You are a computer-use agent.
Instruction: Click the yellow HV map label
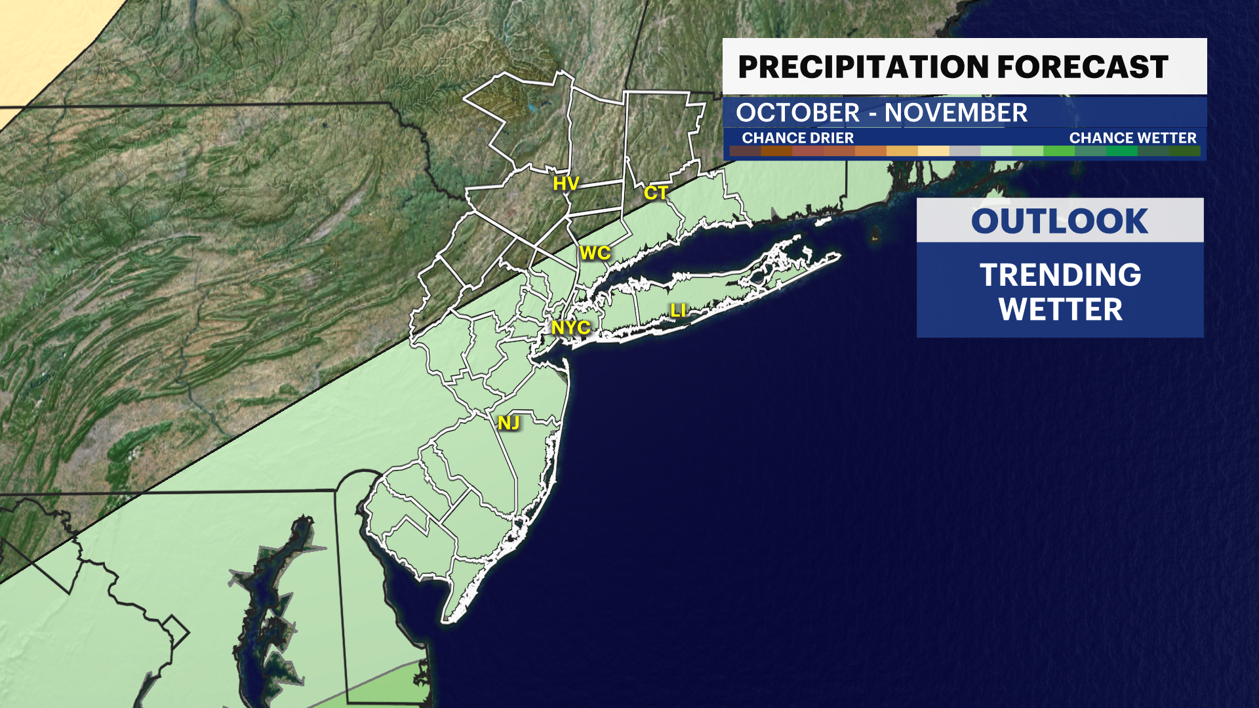pos(565,184)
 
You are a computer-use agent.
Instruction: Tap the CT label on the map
pos(656,193)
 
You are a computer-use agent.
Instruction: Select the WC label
pos(595,253)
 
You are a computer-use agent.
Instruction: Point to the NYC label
pos(570,327)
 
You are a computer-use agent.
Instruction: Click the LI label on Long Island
pos(678,310)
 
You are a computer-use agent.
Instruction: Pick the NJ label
pos(509,423)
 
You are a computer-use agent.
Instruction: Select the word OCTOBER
pos(797,113)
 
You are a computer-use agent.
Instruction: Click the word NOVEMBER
pos(955,113)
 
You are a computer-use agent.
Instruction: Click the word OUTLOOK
pos(1060,222)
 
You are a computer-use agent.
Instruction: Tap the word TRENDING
pos(1060,275)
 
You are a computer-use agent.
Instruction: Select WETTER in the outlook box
pos(1060,309)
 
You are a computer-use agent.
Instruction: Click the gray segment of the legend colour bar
pos(965,151)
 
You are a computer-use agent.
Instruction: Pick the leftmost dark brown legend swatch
pos(745,151)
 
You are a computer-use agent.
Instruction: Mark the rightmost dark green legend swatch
pos(1184,151)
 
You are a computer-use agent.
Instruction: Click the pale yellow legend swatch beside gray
pos(933,151)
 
